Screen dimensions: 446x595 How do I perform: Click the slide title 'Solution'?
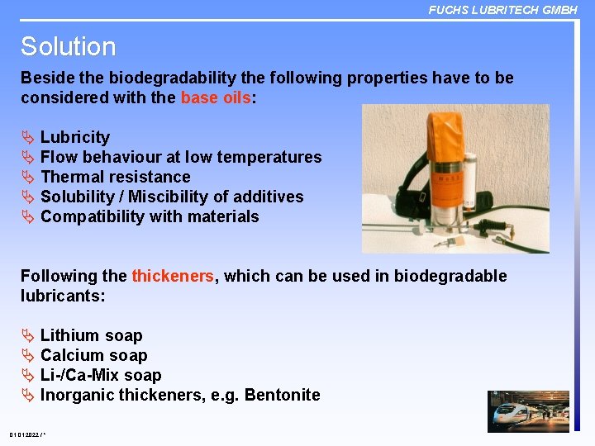click(x=68, y=46)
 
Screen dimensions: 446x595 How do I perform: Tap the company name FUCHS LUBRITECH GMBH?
click(x=502, y=10)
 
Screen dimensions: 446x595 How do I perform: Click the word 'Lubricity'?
click(x=74, y=137)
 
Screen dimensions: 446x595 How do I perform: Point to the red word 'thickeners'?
click(x=173, y=276)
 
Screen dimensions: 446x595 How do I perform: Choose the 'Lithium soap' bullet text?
click(x=91, y=335)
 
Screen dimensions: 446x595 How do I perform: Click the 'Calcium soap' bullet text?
click(x=93, y=355)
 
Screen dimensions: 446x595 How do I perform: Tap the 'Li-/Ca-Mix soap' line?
click(x=101, y=375)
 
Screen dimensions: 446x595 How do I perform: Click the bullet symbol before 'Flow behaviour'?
click(x=27, y=157)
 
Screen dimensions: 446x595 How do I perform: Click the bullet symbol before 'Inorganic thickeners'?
click(x=27, y=395)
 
